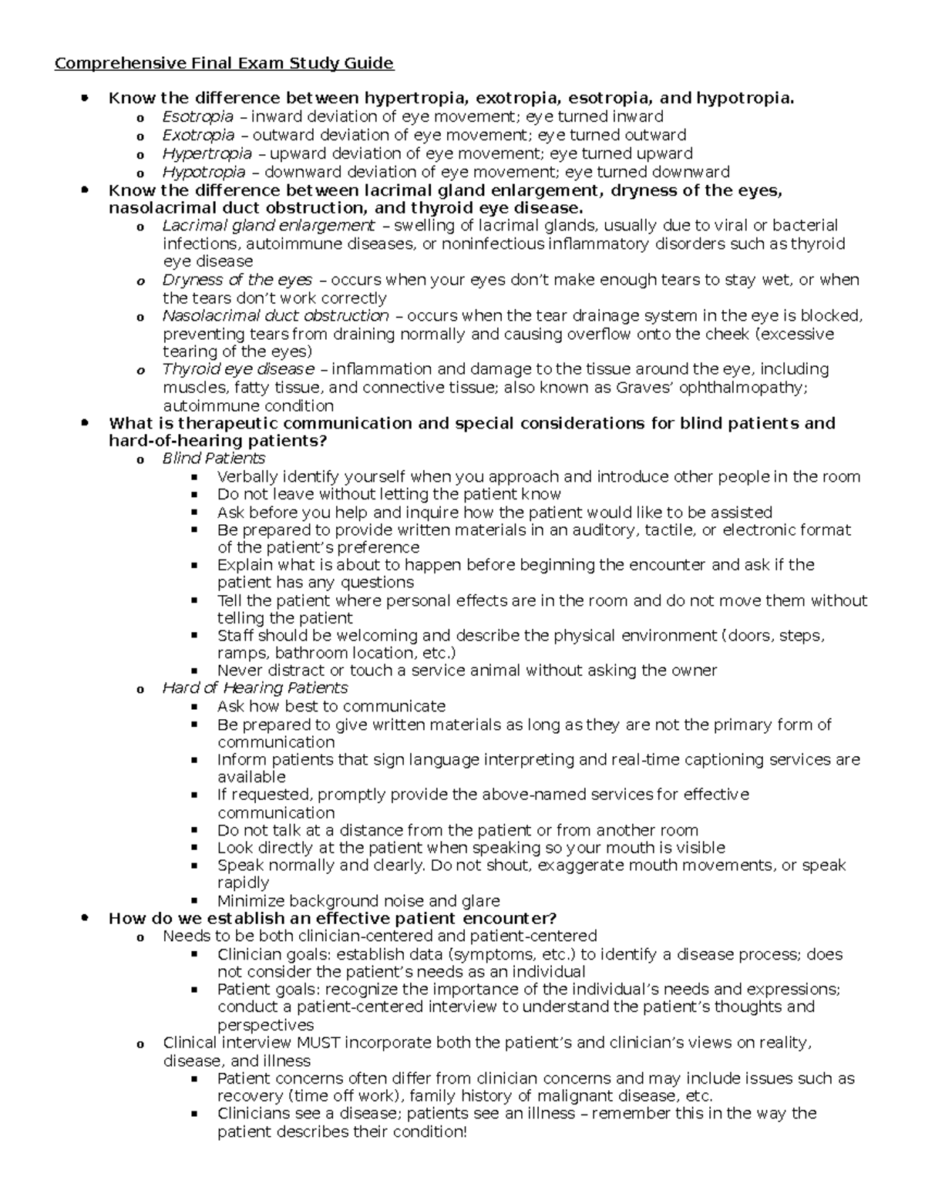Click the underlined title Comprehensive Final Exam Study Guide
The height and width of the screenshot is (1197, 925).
coord(224,63)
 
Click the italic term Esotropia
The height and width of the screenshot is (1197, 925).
coord(197,116)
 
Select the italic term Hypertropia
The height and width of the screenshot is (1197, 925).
coord(207,153)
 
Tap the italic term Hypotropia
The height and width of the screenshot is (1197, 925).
coord(203,172)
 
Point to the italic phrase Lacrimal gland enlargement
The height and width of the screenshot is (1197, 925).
coord(268,226)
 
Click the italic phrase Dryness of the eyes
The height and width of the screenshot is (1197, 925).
coord(237,280)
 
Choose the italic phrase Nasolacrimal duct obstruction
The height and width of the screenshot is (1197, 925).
coord(275,316)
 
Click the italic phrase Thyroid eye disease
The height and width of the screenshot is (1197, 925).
coord(238,369)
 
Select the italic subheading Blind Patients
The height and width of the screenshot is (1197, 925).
coord(214,459)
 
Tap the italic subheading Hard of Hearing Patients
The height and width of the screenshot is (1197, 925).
coord(255,688)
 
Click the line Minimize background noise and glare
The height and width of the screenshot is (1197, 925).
coord(358,901)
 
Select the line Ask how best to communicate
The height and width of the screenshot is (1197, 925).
coord(331,706)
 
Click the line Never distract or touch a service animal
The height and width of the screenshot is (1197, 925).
coord(466,671)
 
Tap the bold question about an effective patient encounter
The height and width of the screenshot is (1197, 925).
coord(332,918)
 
